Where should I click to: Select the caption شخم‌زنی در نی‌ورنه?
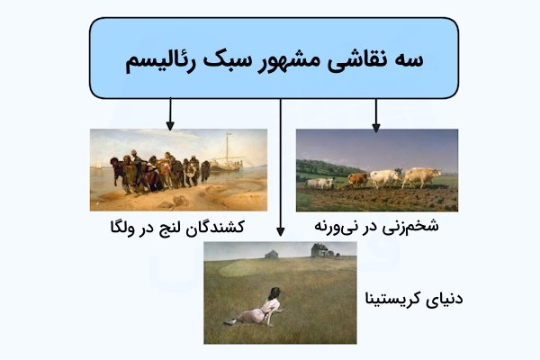pyautogui.click(x=376, y=226)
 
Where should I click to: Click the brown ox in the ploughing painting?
pyautogui.click(x=357, y=178)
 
